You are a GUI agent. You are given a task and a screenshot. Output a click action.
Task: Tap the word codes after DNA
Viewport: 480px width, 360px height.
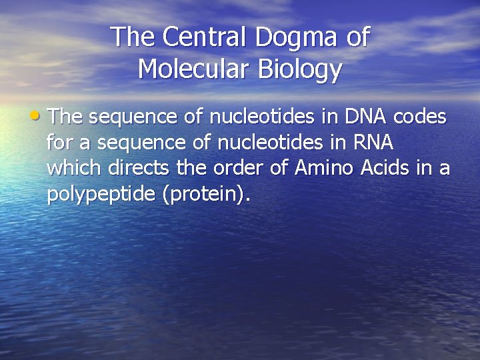coord(420,117)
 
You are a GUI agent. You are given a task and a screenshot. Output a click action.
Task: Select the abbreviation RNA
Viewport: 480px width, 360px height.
coord(371,143)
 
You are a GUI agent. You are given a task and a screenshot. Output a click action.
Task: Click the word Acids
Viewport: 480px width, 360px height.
coord(378,168)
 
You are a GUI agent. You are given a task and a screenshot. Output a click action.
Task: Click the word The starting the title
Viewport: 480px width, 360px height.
coord(132,37)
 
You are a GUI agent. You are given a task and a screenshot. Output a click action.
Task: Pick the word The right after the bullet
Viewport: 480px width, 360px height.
coord(65,117)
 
